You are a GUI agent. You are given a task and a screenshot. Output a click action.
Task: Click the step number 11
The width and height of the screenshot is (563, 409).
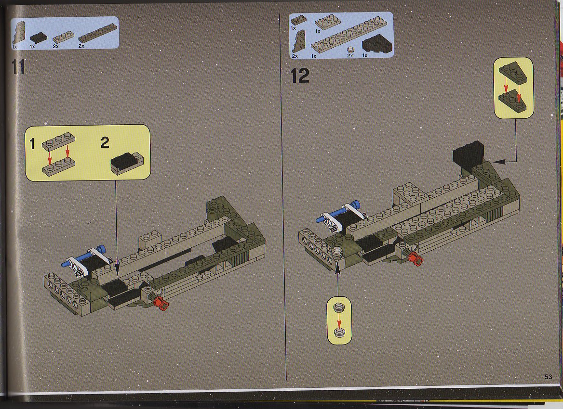tap(18, 67)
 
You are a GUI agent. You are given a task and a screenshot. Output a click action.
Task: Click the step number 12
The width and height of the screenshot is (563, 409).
tap(300, 76)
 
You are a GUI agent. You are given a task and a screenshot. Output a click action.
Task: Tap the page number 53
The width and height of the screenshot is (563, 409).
tap(548, 377)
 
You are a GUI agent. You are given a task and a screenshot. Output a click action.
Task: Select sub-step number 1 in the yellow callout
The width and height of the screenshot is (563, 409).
tap(32, 144)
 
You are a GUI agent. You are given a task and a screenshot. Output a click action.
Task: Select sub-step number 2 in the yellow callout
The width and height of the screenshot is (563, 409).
tap(105, 142)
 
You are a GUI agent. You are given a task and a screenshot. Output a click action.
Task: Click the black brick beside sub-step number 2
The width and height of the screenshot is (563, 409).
tap(127, 163)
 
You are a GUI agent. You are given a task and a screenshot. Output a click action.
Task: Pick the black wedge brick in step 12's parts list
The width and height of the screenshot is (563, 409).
tap(377, 46)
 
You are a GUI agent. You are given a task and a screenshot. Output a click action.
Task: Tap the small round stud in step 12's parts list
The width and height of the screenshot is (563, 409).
tap(350, 50)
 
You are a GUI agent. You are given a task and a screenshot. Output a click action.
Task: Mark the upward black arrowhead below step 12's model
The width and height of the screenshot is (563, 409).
tap(337, 268)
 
